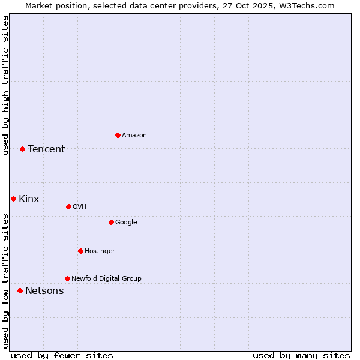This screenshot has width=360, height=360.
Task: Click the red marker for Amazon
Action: coord(118,135)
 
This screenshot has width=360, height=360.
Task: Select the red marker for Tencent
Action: coord(22,149)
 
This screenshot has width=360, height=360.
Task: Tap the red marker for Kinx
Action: coord(13,199)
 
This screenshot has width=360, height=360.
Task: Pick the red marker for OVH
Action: coord(68,206)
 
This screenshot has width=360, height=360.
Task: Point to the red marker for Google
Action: coord(111,222)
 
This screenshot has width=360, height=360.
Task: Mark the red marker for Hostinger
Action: coord(80,251)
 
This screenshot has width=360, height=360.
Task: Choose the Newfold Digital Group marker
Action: coord(67,278)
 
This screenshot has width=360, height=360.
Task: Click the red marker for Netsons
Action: coord(20,290)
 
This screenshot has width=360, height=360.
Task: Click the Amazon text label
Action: coord(134,136)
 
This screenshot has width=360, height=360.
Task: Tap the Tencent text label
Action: coord(46,149)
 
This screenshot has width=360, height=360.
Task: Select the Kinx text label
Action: coord(29,199)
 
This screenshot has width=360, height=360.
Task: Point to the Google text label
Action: coord(126,223)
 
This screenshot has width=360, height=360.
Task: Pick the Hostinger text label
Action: coord(100,251)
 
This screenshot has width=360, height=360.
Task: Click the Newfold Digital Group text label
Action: coord(106,279)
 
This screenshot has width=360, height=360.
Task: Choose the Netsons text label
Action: coord(44,291)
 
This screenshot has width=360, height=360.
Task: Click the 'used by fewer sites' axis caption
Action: coord(62,355)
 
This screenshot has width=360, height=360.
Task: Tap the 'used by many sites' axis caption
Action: coord(301,355)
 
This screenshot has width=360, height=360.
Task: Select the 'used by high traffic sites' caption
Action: coord(6,85)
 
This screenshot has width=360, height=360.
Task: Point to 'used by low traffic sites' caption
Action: coord(6,280)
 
